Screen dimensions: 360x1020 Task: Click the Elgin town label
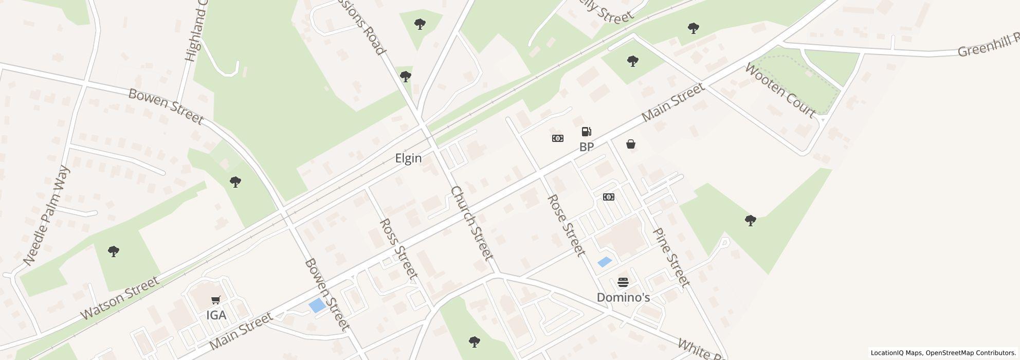pos(408,158)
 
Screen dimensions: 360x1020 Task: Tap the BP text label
pos(587,147)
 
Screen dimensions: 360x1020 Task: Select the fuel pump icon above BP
pos(586,132)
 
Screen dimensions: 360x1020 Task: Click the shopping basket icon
pos(631,145)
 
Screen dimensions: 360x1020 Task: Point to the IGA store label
pos(216,315)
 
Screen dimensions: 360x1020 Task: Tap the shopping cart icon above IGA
pos(216,300)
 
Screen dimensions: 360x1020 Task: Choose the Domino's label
pos(623,297)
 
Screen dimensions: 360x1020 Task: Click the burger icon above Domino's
pos(623,282)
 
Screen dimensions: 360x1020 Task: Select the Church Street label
pos(471,223)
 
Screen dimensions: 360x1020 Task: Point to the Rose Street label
pos(566,225)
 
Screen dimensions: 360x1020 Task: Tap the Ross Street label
pos(397,248)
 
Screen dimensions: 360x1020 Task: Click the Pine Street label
pos(671,257)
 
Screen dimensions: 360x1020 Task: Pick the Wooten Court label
pos(780,90)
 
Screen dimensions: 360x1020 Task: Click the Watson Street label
pos(119,298)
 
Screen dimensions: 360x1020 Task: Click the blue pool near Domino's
pos(605,262)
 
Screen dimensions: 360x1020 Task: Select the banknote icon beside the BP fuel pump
pos(557,138)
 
